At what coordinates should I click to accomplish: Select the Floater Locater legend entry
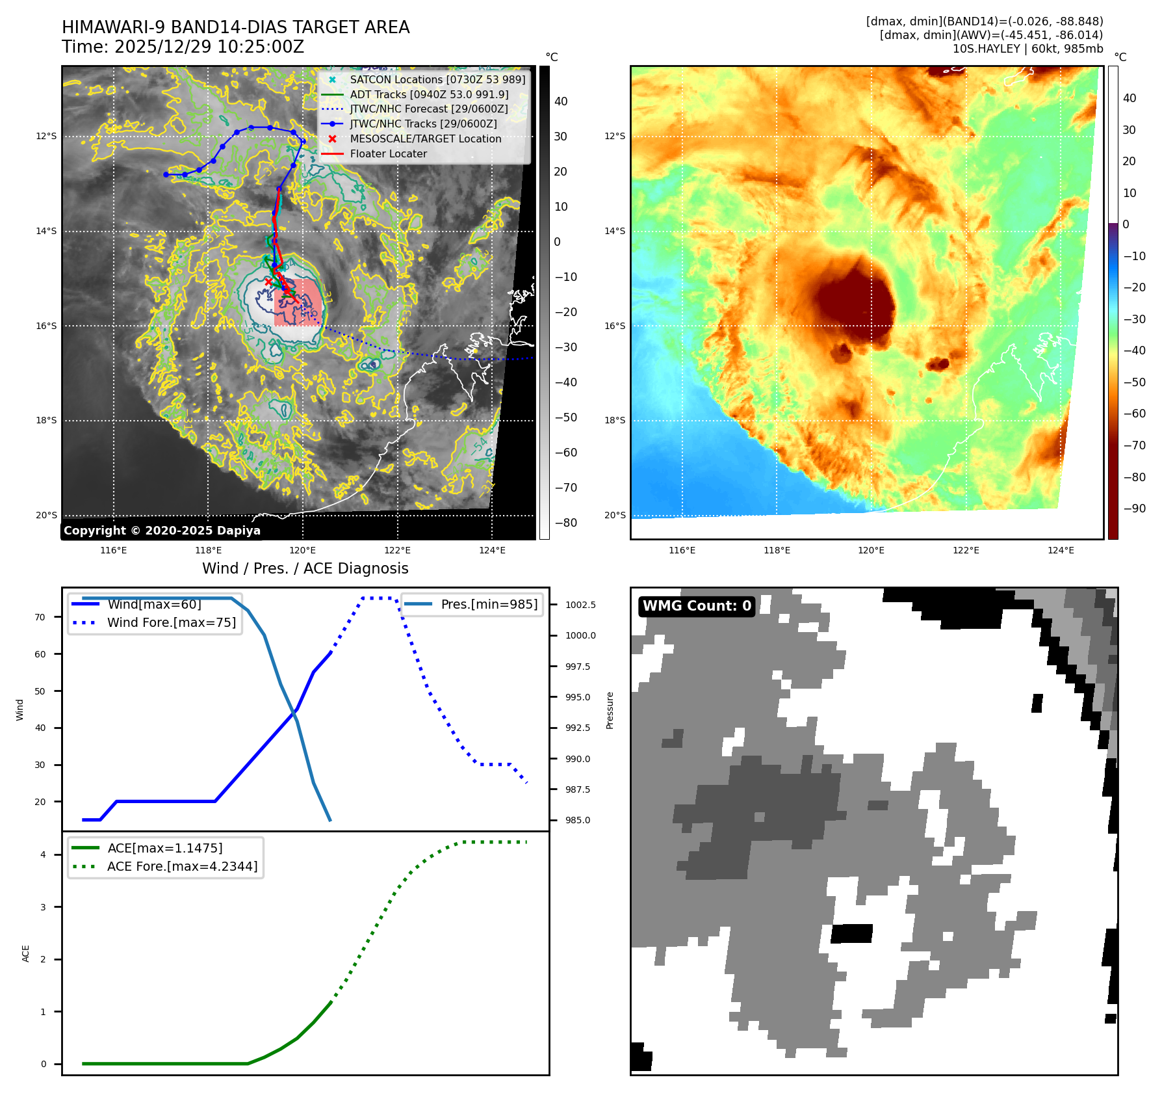point(388,153)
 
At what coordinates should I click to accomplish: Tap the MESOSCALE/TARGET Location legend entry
point(425,139)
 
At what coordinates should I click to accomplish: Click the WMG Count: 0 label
point(697,606)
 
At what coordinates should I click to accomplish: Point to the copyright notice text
point(162,531)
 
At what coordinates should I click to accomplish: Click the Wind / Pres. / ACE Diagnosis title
point(305,568)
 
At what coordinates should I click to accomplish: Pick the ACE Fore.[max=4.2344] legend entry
point(182,866)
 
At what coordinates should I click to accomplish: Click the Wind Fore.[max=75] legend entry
point(172,622)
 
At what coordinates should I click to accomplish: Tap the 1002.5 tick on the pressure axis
point(580,605)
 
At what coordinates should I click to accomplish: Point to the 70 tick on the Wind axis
point(40,617)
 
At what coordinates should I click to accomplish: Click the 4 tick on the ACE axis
point(44,854)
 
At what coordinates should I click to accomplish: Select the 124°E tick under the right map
point(1061,550)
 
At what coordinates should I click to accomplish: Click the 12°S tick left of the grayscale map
point(46,136)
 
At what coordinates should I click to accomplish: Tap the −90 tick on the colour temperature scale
point(1134,509)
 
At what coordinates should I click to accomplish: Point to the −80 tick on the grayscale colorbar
point(565,523)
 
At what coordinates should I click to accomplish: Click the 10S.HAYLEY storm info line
point(1027,49)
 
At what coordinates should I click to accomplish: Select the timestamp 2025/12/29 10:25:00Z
point(209,47)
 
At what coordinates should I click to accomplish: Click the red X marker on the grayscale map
point(268,282)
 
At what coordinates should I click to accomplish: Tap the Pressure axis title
point(610,710)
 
